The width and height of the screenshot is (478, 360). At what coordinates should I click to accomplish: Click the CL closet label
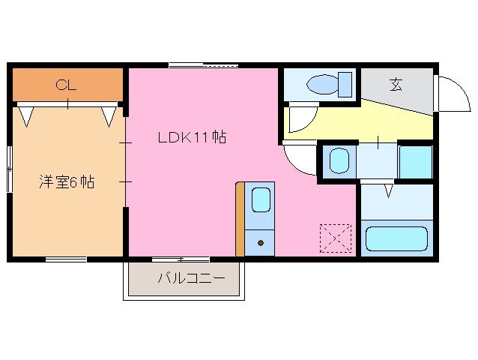point(66,85)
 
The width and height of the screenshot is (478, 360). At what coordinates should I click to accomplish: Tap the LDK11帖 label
point(192,137)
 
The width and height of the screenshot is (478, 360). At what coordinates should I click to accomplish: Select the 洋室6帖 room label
point(67,181)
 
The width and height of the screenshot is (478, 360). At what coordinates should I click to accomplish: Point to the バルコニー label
point(191,279)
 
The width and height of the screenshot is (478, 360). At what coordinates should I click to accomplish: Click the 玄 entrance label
point(395,84)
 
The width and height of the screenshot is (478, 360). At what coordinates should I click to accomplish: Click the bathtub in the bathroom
point(396,241)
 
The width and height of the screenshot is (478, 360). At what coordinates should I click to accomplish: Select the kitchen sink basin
point(261,200)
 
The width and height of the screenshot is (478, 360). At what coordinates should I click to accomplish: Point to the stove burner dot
point(261,242)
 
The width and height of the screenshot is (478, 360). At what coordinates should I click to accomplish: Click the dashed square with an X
point(335,238)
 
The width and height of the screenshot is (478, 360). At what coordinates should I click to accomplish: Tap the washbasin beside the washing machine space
point(339,160)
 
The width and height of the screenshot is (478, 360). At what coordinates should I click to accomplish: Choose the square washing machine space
point(415,161)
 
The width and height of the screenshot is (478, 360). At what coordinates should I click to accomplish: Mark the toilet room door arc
point(303,118)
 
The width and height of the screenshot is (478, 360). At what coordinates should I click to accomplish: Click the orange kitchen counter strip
point(240,218)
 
